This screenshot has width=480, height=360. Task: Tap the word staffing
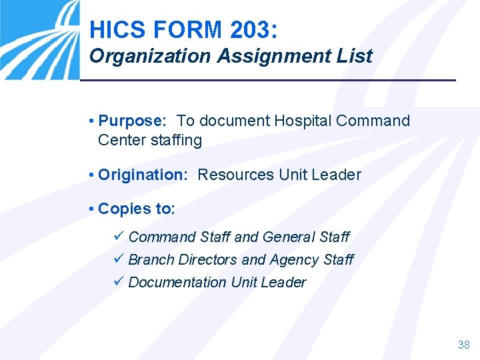176,140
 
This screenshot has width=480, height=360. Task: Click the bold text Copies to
136,209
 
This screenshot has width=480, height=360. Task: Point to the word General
289,237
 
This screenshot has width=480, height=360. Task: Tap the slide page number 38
463,345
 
